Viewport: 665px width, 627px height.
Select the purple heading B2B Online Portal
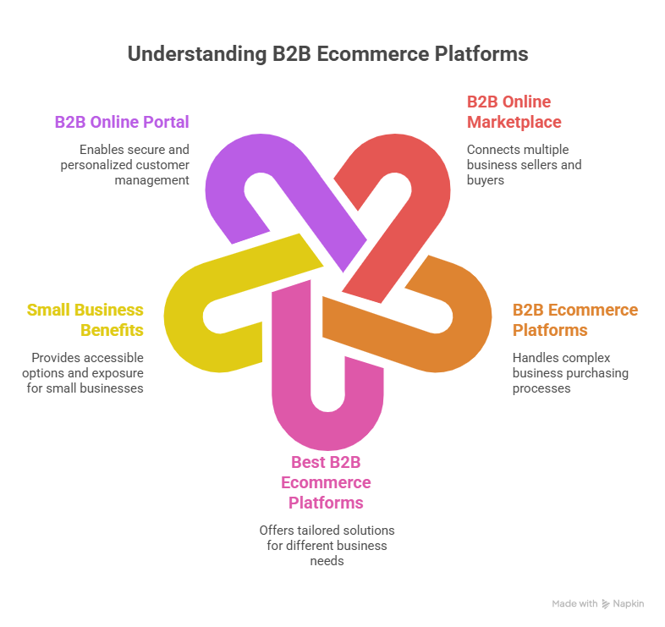pyautogui.click(x=122, y=122)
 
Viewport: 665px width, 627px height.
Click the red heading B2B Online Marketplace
pyautogui.click(x=513, y=113)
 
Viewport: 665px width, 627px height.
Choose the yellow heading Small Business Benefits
pyautogui.click(x=85, y=320)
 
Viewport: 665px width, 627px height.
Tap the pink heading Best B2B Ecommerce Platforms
pyautogui.click(x=326, y=483)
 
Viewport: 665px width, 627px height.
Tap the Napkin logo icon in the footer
pyautogui.click(x=606, y=604)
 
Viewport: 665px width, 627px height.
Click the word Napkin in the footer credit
pyautogui.click(x=629, y=604)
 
